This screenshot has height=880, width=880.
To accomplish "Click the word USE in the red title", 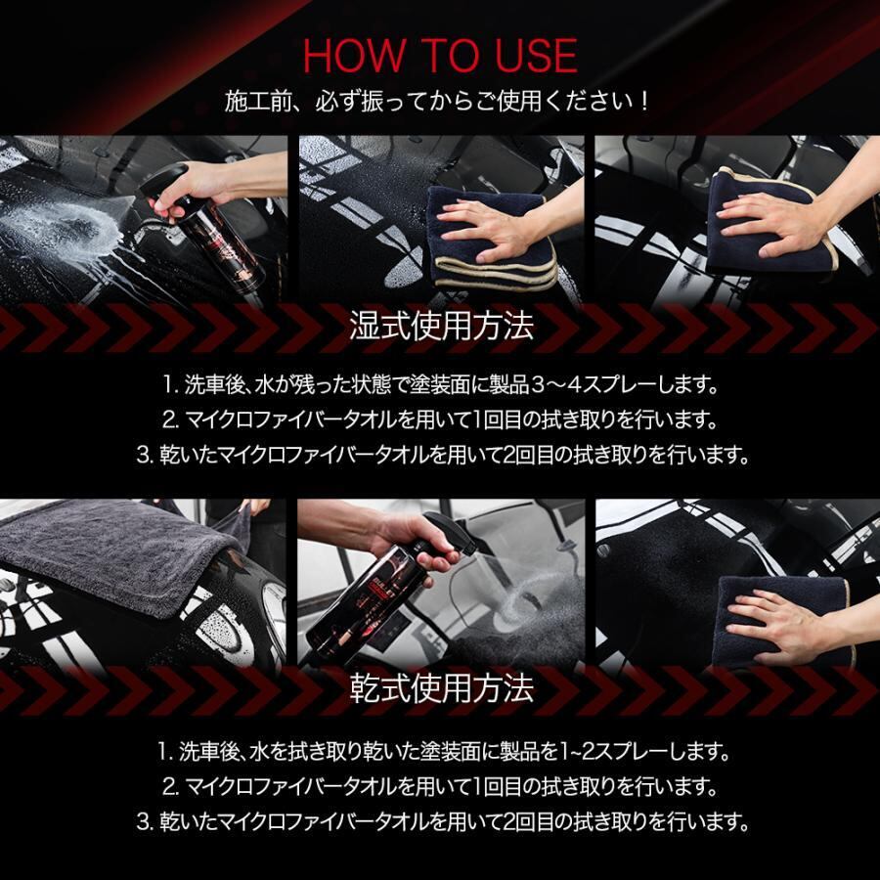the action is (x=536, y=56).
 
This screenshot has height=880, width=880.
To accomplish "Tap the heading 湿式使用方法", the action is (x=441, y=326).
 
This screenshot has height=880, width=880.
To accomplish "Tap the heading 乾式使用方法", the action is (x=441, y=688).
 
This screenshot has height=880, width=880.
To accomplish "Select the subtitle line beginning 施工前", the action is (x=437, y=102).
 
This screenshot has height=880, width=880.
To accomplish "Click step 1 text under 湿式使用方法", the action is (x=441, y=385).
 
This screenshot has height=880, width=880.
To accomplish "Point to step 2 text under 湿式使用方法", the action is (x=441, y=419).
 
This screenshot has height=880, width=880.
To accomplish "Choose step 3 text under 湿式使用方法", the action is (x=443, y=455).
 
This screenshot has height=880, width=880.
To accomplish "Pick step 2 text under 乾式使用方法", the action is (x=441, y=787).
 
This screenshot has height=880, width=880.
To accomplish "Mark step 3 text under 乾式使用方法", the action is (x=443, y=822).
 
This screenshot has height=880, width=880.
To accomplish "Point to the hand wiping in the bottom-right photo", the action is (x=786, y=623).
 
